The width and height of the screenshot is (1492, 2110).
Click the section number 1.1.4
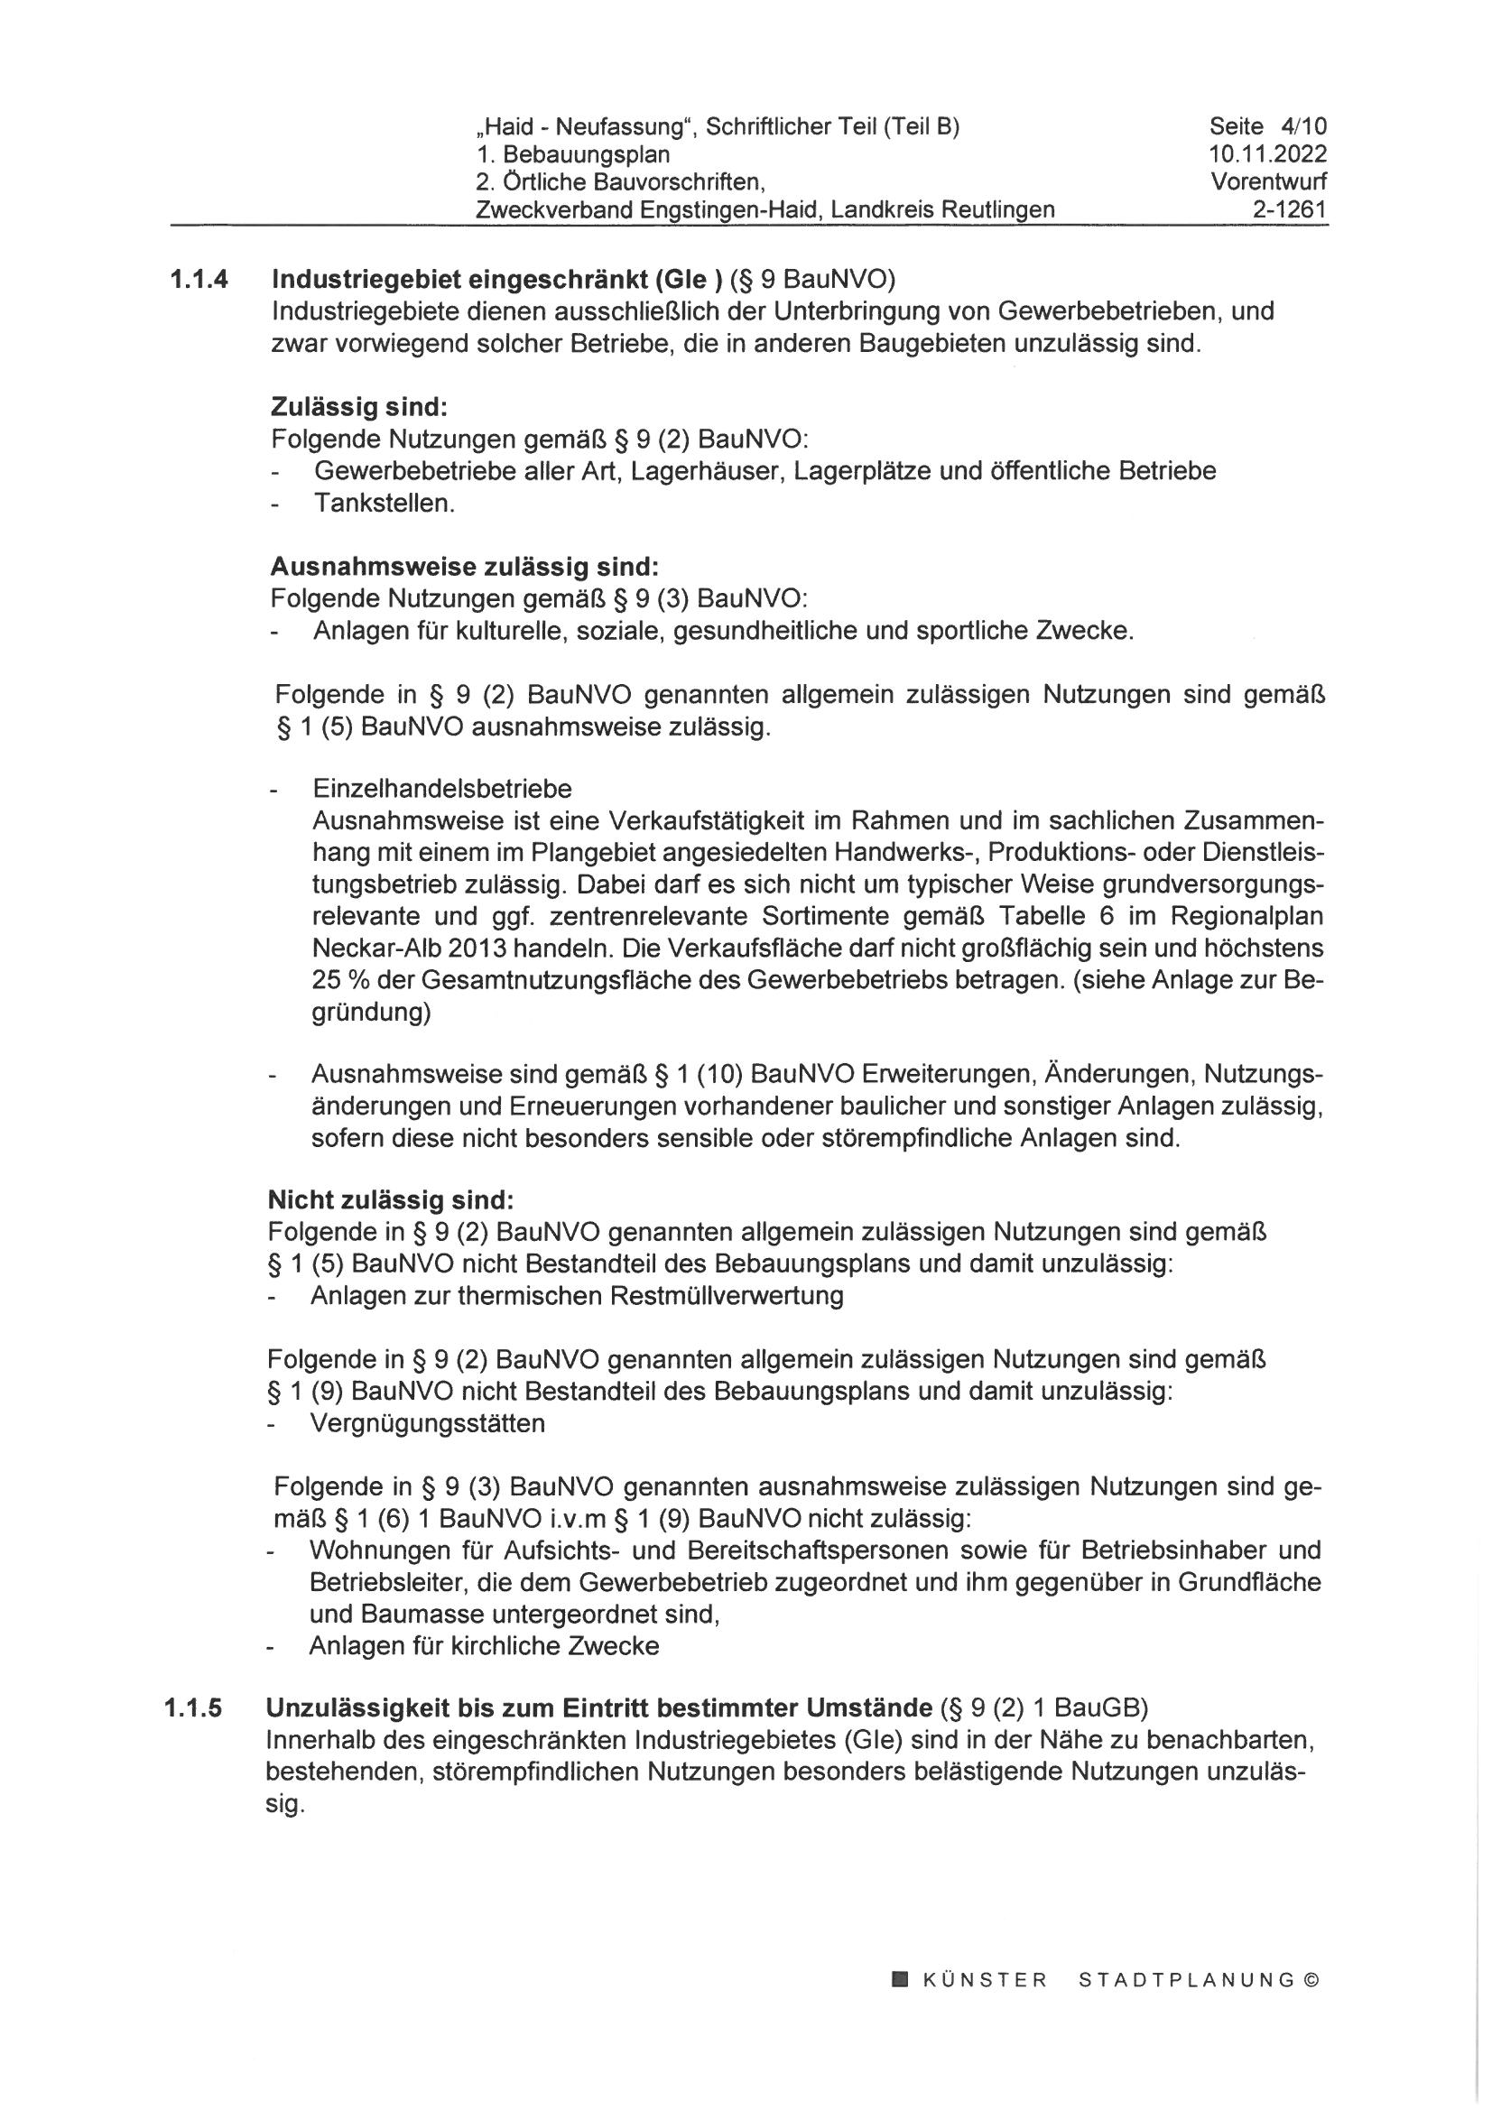click(198, 279)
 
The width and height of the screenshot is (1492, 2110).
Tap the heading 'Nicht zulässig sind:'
click(391, 1200)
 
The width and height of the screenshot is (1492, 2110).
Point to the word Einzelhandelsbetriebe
click(442, 789)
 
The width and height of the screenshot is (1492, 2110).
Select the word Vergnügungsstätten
click(428, 1423)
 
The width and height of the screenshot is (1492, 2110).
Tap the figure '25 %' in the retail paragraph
click(340, 980)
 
